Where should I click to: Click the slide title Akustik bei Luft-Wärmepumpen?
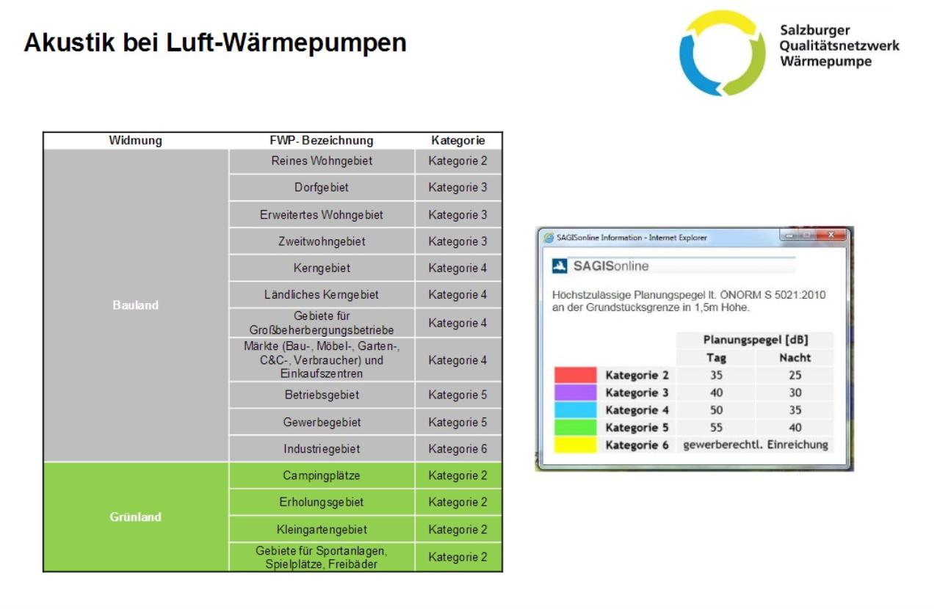click(x=215, y=43)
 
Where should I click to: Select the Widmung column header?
click(x=136, y=140)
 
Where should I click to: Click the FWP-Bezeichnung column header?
click(x=322, y=140)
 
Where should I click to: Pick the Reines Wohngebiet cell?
click(x=322, y=161)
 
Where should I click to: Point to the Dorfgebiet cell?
click(x=322, y=187)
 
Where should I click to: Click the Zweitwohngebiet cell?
click(x=322, y=241)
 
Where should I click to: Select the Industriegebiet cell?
click(x=322, y=448)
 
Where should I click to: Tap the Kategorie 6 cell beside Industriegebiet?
click(x=458, y=448)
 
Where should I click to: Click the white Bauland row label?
click(x=136, y=305)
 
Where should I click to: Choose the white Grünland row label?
click(x=136, y=517)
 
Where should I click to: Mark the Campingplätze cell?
click(x=322, y=475)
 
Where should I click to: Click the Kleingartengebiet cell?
click(x=322, y=529)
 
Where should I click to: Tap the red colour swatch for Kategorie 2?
click(x=575, y=374)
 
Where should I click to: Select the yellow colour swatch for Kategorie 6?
click(x=575, y=445)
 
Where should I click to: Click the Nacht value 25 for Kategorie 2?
click(x=795, y=375)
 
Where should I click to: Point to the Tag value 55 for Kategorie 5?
click(x=716, y=427)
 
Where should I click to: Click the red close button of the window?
click(x=831, y=235)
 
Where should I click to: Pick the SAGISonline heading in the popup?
click(x=611, y=266)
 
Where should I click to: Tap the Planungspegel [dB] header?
click(x=756, y=339)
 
